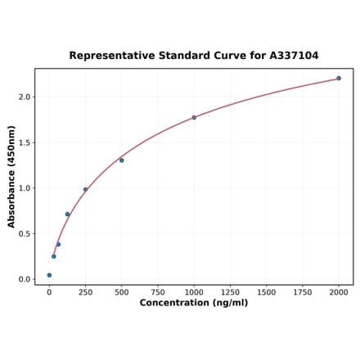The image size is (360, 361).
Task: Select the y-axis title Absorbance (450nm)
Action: (x=11, y=176)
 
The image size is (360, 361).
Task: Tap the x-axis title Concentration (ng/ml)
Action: (x=193, y=303)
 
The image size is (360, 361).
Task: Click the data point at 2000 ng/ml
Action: (x=339, y=79)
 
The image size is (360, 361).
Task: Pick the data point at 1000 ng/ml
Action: (x=194, y=118)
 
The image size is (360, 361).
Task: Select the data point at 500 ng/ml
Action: (x=122, y=160)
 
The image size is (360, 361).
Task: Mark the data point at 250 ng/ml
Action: (x=85, y=190)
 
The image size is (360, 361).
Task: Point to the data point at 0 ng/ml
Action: (x=49, y=275)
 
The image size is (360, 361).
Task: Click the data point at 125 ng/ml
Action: (x=67, y=214)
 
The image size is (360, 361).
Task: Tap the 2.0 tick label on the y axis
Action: (x=24, y=97)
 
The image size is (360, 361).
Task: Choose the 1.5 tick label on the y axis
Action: (x=24, y=142)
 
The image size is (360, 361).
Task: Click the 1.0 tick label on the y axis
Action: (x=24, y=188)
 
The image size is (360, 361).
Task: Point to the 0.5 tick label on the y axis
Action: (x=24, y=234)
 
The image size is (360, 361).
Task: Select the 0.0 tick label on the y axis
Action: (x=24, y=279)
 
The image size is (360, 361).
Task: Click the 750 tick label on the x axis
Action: (x=158, y=291)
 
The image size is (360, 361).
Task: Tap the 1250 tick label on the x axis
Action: (x=230, y=291)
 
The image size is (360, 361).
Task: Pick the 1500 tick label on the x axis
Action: (x=266, y=291)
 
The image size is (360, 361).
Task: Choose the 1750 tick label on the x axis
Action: (x=303, y=291)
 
